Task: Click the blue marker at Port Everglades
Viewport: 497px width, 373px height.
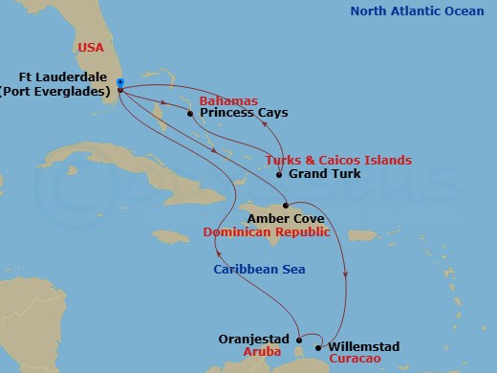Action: point(119,82)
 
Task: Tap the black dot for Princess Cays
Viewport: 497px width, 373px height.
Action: point(190,114)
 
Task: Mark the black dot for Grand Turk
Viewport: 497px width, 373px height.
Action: point(278,175)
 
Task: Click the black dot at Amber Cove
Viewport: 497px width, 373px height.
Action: point(286,205)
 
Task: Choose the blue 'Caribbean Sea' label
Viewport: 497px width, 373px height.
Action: point(260,270)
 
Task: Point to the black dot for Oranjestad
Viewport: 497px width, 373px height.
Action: point(299,339)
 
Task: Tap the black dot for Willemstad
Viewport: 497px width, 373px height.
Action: point(318,347)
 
